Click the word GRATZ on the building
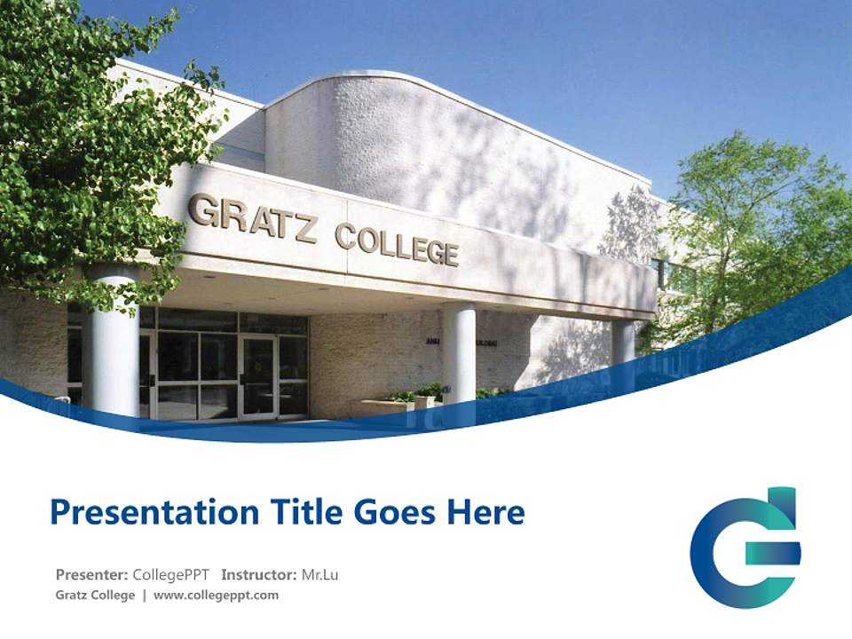[252, 218]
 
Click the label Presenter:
[92, 574]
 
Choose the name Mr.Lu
[319, 574]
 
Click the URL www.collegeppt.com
[216, 596]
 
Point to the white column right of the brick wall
[459, 352]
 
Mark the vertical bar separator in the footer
[145, 596]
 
